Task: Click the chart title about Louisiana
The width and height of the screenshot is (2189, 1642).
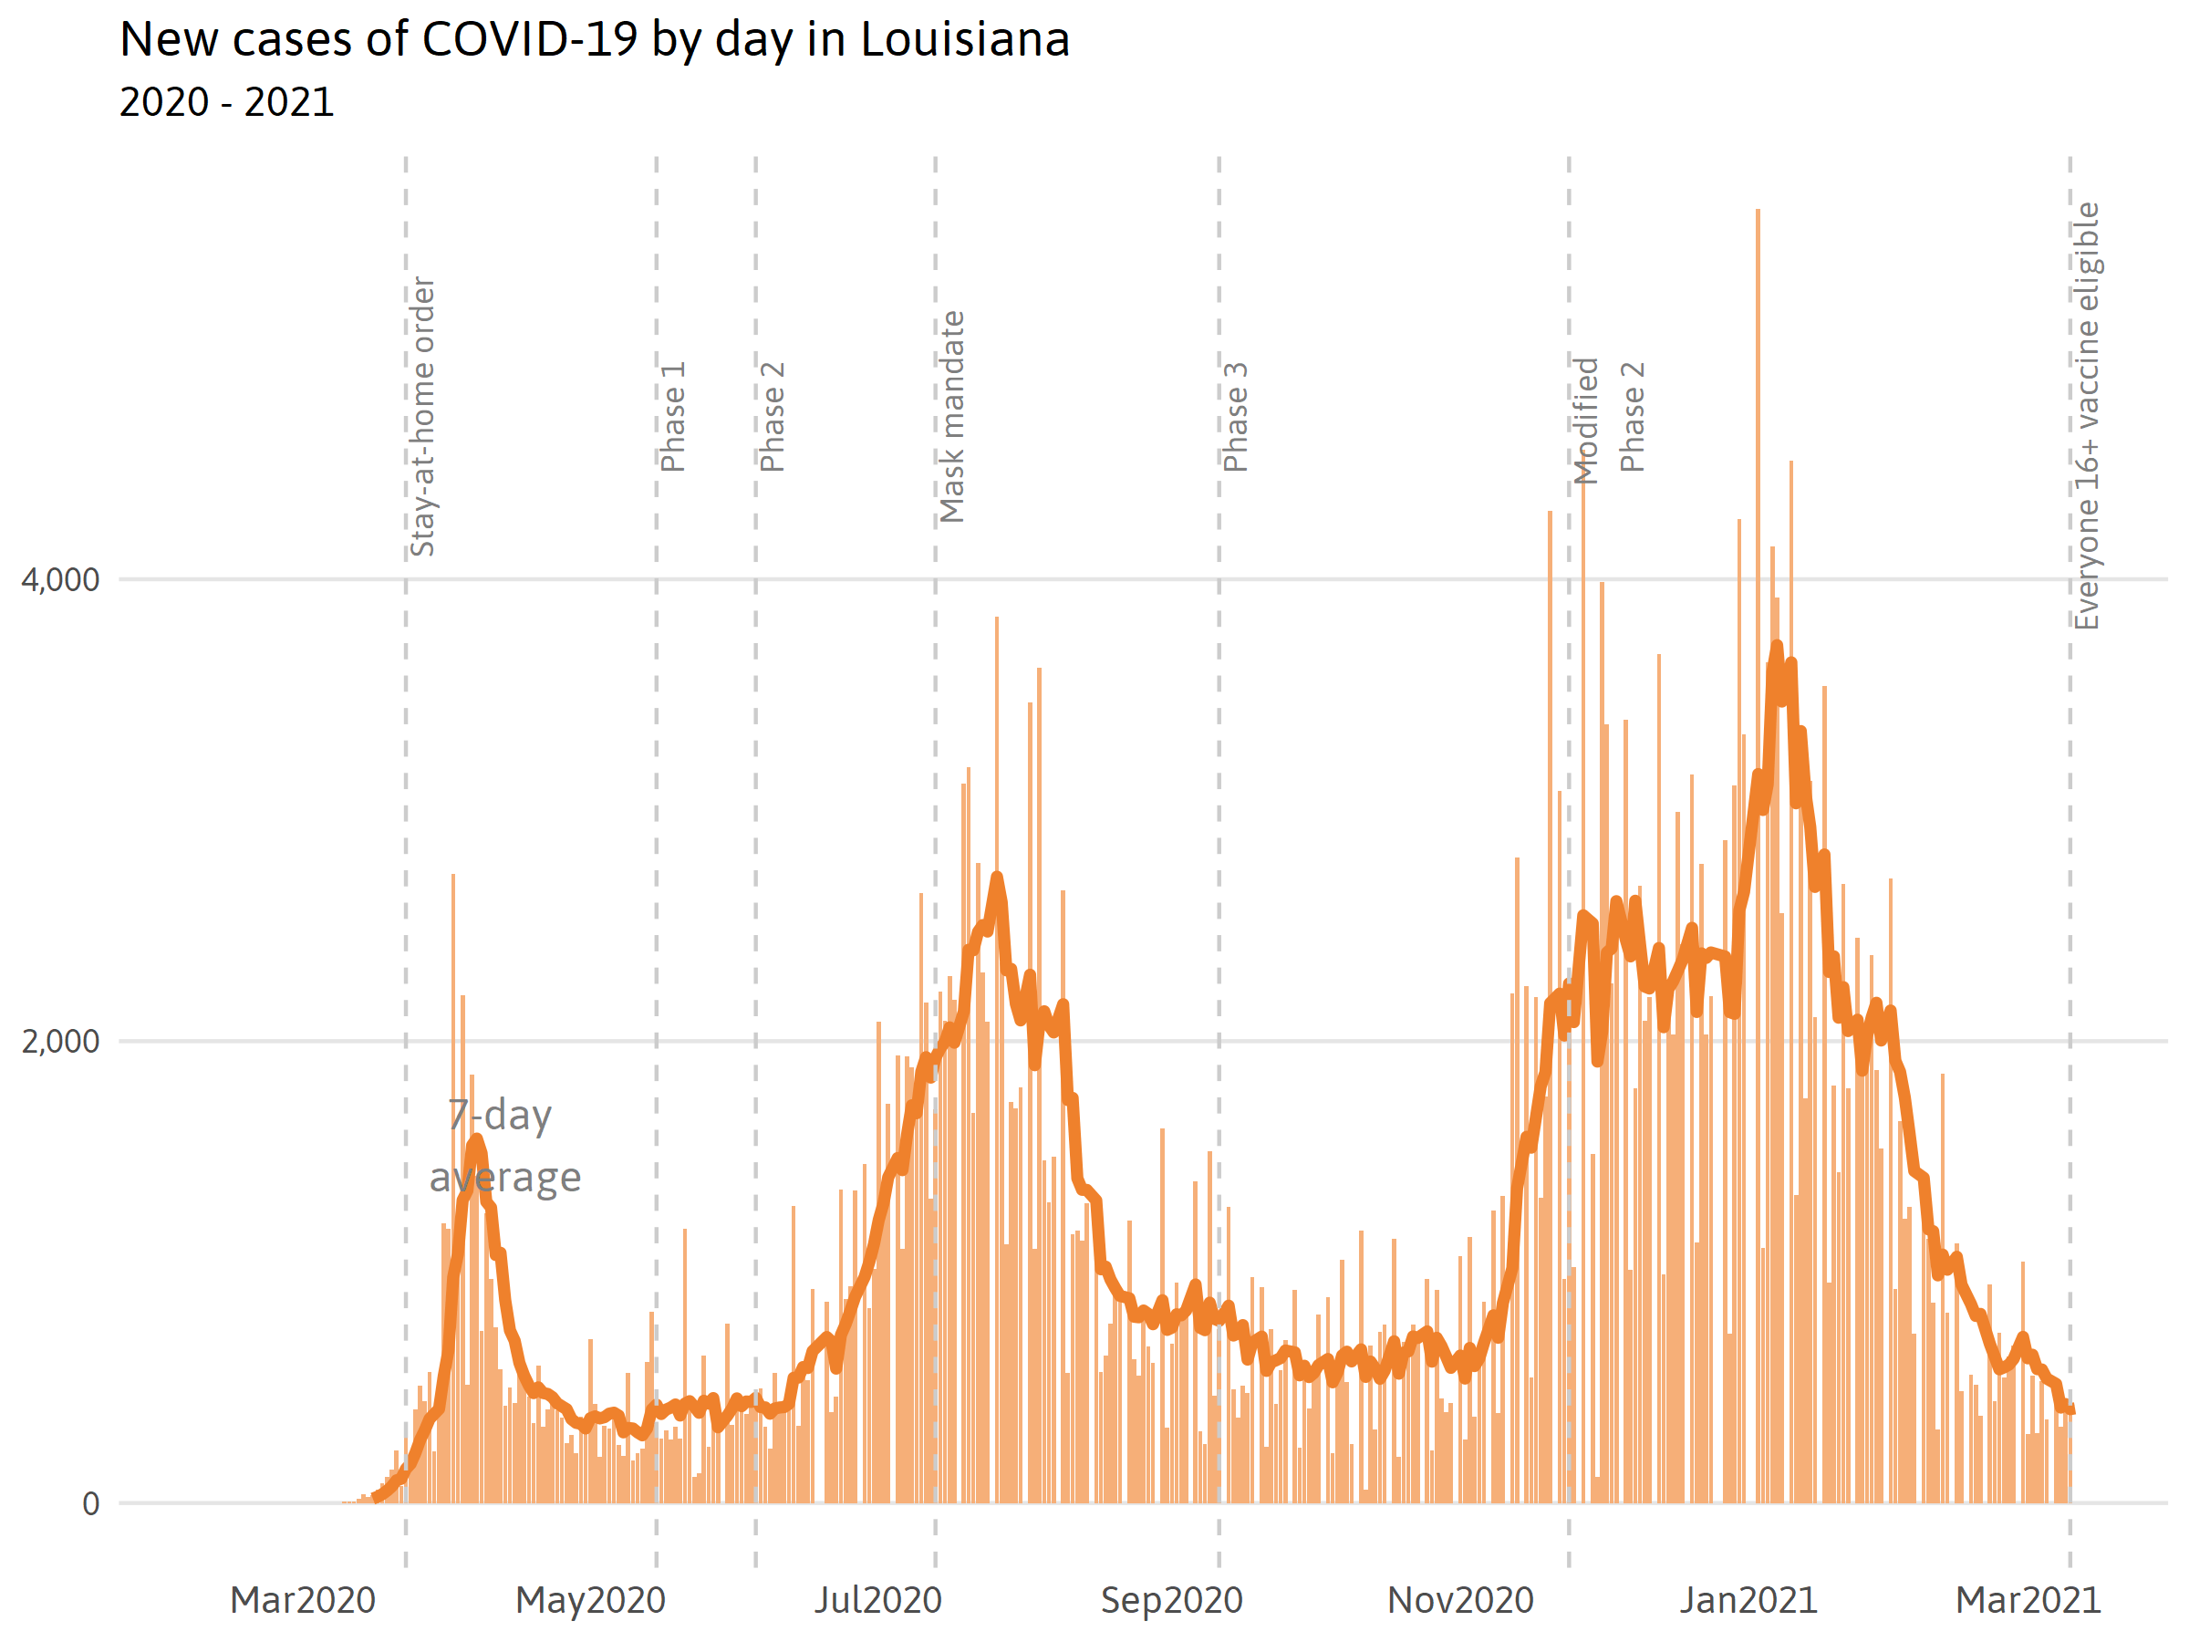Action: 594,40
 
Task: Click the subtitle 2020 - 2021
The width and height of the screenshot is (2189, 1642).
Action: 226,103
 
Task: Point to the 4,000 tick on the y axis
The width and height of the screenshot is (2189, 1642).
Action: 60,580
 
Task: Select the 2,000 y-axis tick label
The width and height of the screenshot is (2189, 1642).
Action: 60,1041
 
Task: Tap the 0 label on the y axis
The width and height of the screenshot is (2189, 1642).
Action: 90,1504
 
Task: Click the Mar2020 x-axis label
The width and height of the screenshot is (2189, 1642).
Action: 303,1600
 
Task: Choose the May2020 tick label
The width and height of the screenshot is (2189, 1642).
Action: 591,1600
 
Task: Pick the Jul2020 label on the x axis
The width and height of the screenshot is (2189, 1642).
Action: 877,1600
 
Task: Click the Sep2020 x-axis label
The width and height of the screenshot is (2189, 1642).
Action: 1172,1600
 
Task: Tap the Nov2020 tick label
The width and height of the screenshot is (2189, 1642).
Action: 1460,1600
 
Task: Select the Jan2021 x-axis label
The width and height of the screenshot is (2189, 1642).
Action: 1748,1600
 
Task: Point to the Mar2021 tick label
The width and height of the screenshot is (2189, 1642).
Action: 2028,1600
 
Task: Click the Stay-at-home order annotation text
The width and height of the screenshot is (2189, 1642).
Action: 422,416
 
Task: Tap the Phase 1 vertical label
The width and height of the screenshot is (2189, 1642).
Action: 673,417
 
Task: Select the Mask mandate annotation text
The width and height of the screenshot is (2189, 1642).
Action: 952,417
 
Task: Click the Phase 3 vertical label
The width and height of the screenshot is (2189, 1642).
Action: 1236,417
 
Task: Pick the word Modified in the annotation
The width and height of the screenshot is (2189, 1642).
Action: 1586,421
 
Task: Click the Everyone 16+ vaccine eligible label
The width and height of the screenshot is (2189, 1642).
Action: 2086,416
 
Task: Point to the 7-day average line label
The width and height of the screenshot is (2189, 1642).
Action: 504,1146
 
